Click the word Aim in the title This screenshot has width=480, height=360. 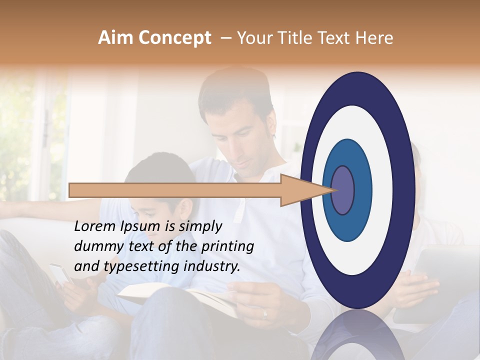115,38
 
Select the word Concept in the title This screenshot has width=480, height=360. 174,38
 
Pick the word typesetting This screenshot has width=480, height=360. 139,266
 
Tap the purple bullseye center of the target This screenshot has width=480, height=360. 343,190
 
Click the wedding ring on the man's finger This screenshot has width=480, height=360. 264,313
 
